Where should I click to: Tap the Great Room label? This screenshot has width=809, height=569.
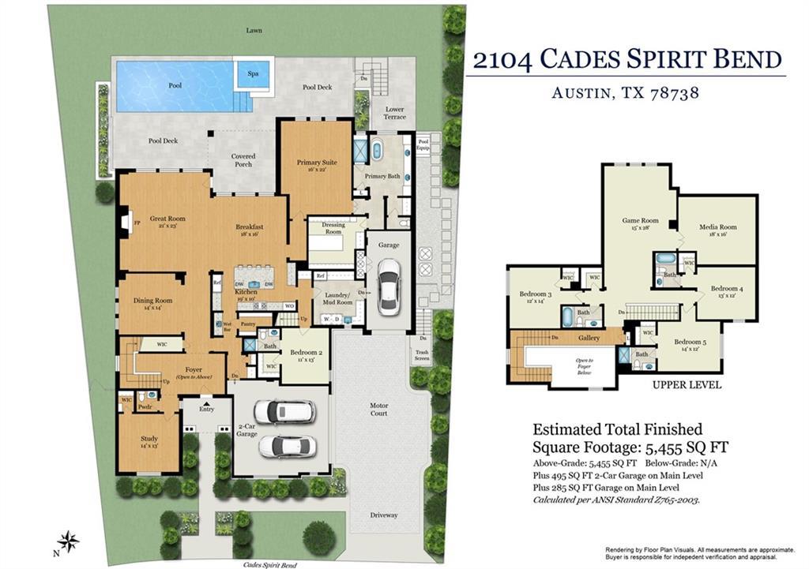pos(167,219)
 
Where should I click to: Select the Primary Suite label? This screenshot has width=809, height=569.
pos(317,163)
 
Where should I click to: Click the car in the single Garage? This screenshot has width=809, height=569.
pos(389,285)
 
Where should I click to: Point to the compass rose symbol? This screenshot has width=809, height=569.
pos(70,541)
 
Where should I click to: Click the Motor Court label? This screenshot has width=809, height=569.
pos(379,410)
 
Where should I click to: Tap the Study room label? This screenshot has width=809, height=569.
pos(149,439)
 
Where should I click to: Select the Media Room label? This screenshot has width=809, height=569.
pos(717,227)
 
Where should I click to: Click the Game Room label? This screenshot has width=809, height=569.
pos(640,221)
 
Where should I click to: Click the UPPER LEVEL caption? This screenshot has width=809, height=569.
pos(687,385)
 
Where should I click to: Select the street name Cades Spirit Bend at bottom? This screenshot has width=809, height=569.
pos(271,565)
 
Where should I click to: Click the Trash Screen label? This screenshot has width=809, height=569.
pos(422,356)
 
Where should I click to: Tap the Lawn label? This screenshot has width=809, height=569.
pos(254,31)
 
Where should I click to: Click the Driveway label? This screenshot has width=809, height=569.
pos(384,515)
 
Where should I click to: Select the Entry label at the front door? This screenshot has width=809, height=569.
pos(206,409)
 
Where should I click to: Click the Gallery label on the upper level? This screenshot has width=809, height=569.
pos(589,338)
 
